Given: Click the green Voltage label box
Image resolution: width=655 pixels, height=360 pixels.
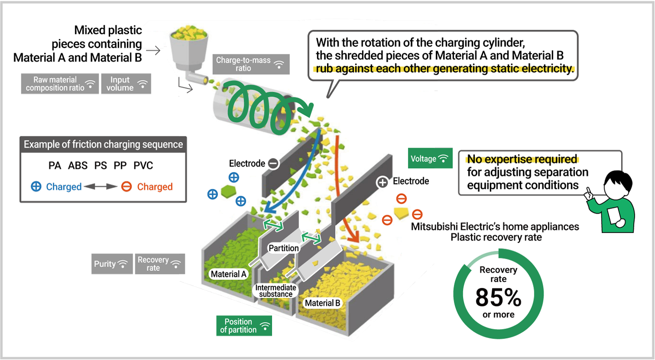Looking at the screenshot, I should [430, 159].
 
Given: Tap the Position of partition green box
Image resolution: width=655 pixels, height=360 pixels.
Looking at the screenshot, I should [244, 326].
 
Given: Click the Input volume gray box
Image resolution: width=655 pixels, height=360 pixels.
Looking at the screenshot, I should [126, 84].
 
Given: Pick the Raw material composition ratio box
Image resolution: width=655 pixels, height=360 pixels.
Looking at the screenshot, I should [60, 84].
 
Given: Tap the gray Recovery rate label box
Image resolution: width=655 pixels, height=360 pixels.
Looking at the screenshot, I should [160, 264].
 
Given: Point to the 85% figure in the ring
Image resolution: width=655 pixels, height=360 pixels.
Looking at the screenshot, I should [498, 298].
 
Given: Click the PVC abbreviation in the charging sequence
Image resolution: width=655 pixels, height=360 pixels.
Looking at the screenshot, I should [144, 165].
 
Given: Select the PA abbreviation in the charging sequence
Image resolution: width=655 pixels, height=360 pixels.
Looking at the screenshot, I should [55, 165].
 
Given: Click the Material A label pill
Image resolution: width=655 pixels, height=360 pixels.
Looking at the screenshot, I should [229, 274].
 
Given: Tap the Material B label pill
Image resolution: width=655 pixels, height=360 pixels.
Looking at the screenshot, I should [322, 303].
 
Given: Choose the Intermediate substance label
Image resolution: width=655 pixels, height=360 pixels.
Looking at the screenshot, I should [276, 291].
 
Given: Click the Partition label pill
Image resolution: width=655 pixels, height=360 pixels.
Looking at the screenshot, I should [284, 248].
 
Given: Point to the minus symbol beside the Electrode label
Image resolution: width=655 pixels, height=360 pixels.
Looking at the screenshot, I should [273, 163].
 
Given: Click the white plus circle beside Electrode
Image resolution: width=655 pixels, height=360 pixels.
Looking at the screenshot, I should [383, 182].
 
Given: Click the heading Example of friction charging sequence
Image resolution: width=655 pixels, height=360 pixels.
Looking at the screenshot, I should [103, 145].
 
